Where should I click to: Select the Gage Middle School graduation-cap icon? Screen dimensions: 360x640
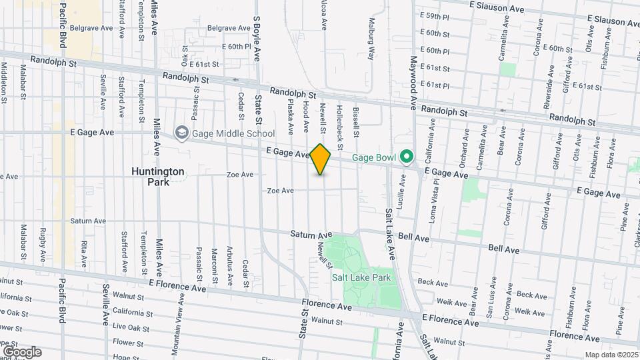[x=181, y=133]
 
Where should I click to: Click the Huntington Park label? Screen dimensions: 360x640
[x=157, y=176]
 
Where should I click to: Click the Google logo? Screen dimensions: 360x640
[x=22, y=351]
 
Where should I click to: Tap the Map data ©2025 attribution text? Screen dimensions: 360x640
[x=611, y=355]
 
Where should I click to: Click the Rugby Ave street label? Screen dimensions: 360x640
[x=43, y=245]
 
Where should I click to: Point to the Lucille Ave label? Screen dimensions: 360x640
[x=402, y=191]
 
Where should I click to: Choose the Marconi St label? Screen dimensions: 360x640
[x=215, y=265]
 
